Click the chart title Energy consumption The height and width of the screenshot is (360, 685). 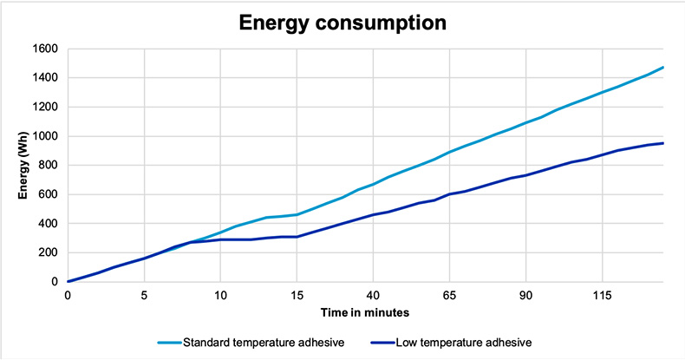(x=343, y=23)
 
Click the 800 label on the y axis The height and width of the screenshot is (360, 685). (x=49, y=166)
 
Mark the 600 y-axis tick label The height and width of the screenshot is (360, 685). (x=49, y=194)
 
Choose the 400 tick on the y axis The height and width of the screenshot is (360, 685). (x=49, y=224)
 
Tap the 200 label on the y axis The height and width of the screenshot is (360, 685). (x=49, y=252)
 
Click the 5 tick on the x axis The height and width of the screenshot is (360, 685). (x=144, y=295)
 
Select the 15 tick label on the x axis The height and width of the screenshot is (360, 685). (x=297, y=295)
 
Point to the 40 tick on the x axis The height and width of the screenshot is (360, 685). (x=373, y=295)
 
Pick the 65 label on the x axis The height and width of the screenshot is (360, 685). (x=449, y=295)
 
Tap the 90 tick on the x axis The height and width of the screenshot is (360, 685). (x=525, y=295)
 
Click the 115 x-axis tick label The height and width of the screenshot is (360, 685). (x=602, y=295)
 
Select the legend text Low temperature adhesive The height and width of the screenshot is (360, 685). (x=460, y=343)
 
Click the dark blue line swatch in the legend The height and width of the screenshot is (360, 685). (x=377, y=343)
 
